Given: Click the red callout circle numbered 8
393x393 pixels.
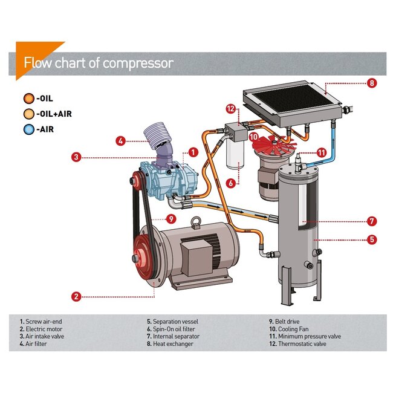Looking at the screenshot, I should [372, 83].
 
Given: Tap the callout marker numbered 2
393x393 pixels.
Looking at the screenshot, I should [76, 296].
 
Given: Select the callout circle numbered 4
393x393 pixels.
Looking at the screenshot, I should [120, 141].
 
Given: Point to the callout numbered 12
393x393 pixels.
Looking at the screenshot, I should [230, 109].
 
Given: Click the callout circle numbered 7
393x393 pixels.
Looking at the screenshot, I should [372, 221].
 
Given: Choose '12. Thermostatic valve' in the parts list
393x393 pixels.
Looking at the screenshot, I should [305, 344].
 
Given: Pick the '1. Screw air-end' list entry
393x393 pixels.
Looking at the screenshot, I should [42, 322].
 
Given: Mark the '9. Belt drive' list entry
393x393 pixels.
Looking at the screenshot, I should [285, 322].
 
